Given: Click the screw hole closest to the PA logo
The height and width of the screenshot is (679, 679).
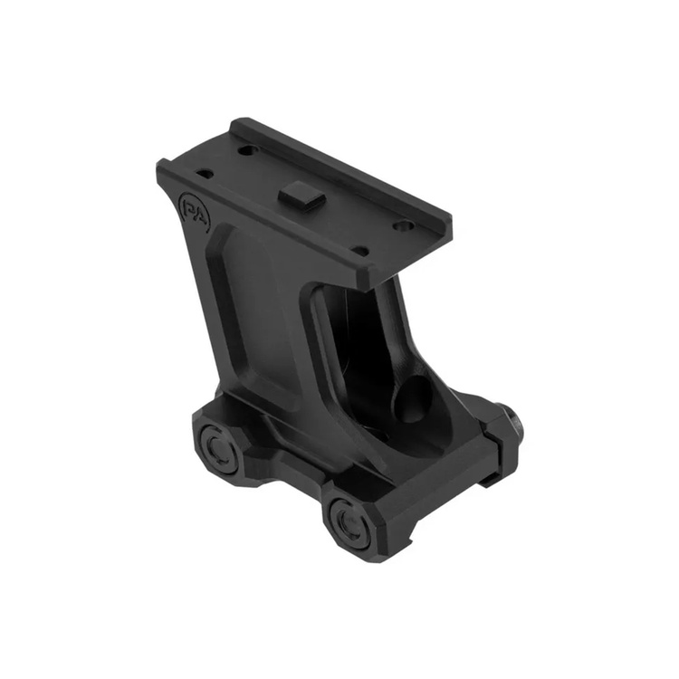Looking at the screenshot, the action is [205, 174].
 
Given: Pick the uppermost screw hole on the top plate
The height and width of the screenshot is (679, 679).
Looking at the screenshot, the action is [246, 150].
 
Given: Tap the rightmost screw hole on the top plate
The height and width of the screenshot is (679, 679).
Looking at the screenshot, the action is [403, 226].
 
